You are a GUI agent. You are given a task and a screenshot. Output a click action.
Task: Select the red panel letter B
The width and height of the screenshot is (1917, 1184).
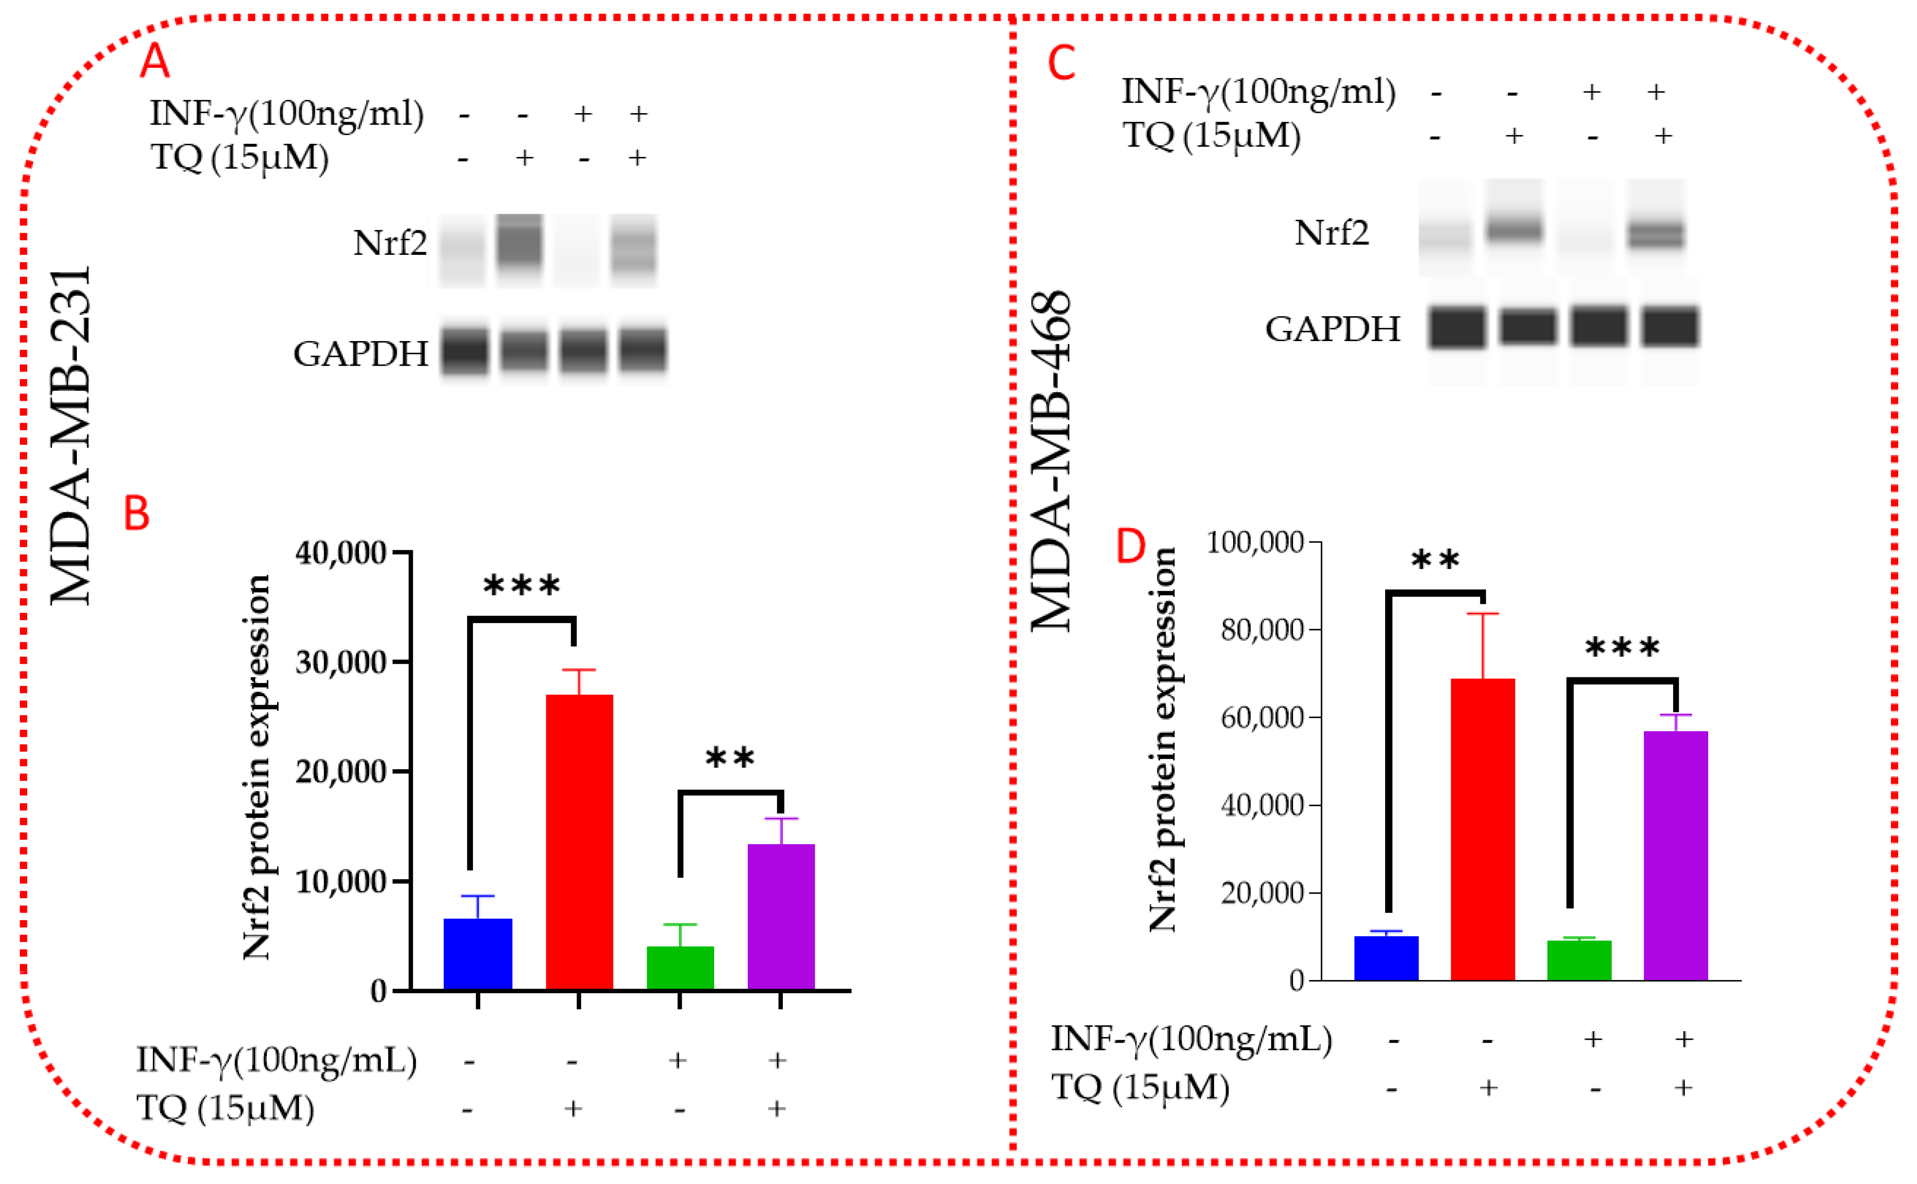pos(137,514)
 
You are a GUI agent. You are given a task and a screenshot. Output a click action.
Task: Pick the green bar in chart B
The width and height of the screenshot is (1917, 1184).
pos(680,968)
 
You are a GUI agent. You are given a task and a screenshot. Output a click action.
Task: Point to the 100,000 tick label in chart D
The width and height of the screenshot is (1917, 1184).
pos(1255,542)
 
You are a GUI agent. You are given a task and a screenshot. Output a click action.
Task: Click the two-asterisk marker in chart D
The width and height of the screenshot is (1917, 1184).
pos(1436,561)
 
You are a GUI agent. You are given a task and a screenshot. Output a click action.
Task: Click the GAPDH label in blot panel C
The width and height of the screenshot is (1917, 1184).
pos(1332,329)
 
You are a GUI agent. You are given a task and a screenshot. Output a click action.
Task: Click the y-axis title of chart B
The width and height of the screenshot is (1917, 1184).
pos(256,767)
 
